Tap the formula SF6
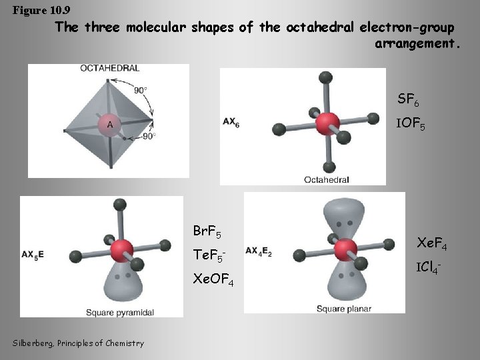tap(408, 101)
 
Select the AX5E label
tap(33, 255)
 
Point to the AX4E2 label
tap(258, 251)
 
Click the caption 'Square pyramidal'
tap(117, 312)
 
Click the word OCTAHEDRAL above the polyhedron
tap(109, 68)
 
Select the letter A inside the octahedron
tap(109, 124)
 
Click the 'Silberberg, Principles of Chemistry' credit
tap(77, 343)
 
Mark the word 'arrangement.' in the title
tap(417, 44)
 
